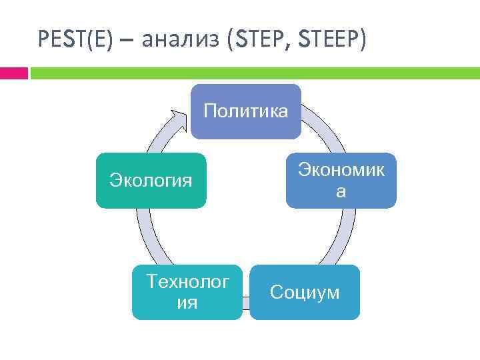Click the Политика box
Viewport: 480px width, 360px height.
pos(245,111)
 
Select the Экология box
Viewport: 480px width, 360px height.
pos(151,180)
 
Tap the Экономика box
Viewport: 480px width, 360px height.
pos(341,180)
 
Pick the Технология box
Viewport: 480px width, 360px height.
pos(187,292)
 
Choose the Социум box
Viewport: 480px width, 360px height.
pos(305,292)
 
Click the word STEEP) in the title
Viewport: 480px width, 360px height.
pos(332,41)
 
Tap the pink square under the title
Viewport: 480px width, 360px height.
pos(13,73)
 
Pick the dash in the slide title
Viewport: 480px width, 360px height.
pos(127,42)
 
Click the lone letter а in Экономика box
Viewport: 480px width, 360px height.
pos(341,192)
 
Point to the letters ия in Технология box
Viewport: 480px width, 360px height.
pos(187,303)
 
